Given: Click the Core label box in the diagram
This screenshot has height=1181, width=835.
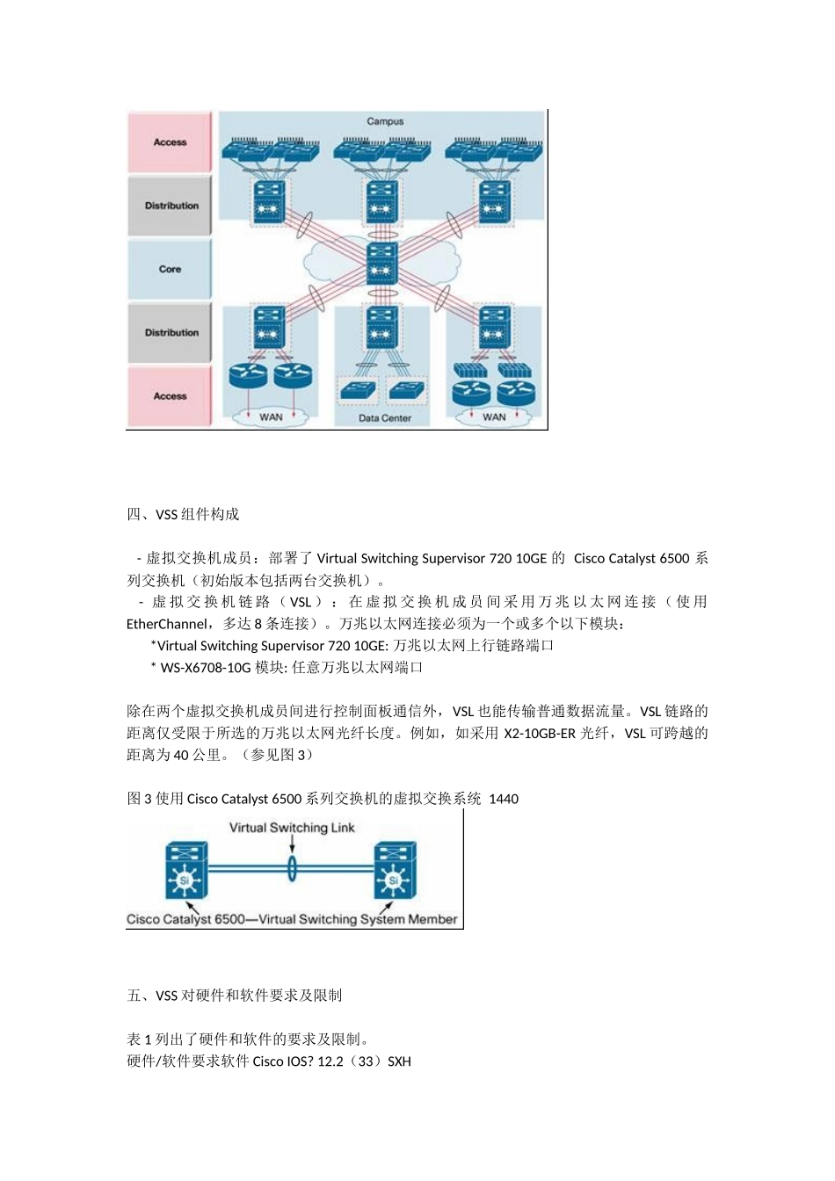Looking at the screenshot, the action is point(170,269).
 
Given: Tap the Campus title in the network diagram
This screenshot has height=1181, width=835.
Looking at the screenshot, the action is point(385,121).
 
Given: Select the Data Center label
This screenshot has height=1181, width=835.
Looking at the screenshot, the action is point(385,418).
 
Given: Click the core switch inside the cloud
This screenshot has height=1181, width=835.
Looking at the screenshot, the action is point(381,263).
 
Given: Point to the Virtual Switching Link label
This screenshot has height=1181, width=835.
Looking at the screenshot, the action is point(292,828).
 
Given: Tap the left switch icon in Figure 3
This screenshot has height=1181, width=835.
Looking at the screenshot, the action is point(185,871).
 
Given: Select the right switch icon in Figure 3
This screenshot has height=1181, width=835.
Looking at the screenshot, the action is point(395,871).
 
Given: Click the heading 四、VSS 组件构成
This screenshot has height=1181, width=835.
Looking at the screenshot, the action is point(183,514).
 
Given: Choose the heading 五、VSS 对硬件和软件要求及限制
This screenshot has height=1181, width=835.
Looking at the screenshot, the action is point(234,996).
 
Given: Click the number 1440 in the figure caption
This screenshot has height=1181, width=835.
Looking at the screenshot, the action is point(504,799).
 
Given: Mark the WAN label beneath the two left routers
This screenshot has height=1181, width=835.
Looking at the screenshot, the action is point(271,417).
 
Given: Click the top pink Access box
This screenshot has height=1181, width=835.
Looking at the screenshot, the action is point(170,142).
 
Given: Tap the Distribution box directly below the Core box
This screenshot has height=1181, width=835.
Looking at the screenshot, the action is point(171,333).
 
